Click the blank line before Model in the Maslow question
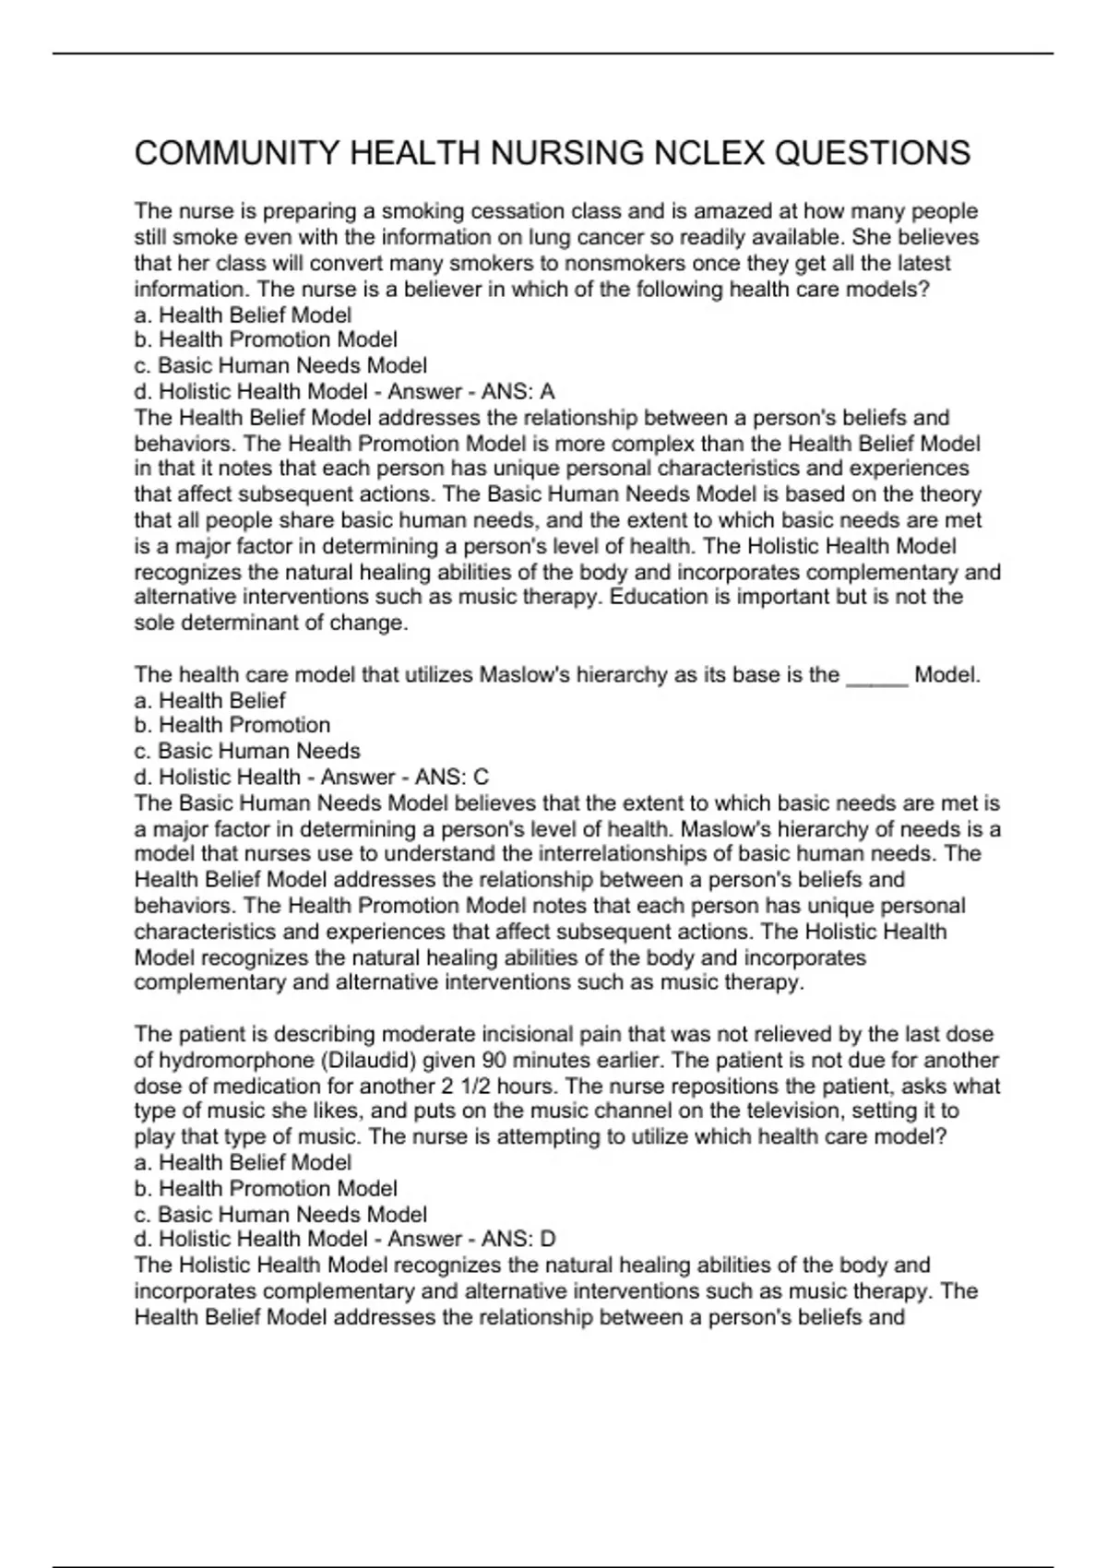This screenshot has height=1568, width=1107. point(876,675)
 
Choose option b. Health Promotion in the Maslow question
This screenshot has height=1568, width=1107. point(232,725)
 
